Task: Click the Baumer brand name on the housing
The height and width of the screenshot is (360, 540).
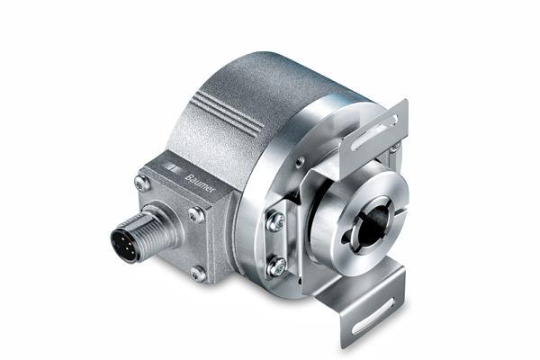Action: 200,184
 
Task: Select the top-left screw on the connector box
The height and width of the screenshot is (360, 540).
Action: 142,184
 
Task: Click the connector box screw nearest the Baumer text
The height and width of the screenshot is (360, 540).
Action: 196,215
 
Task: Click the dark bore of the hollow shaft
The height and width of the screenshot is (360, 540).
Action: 372,227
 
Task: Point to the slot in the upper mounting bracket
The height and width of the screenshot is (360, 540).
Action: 375,132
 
